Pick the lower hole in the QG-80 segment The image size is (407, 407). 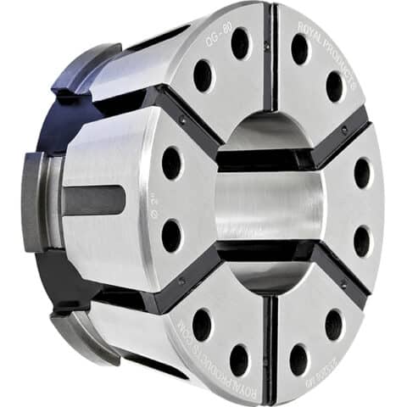tap(203, 76)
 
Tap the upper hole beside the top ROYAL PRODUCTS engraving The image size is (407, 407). tap(299, 49)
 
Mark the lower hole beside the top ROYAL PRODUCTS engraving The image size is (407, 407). tap(334, 86)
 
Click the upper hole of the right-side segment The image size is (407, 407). tap(362, 173)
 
